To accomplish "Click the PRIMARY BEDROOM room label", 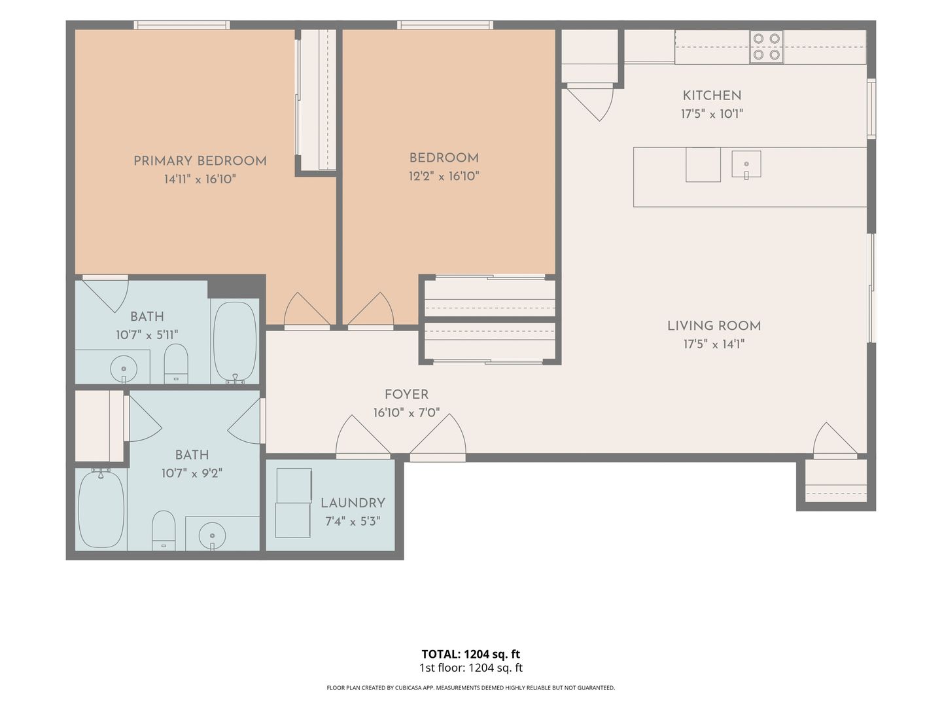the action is pyautogui.click(x=200, y=161).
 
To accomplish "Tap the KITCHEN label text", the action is pyautogui.click(x=712, y=96).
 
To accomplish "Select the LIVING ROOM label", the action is pyautogui.click(x=714, y=326).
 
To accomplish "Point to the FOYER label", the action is pyautogui.click(x=406, y=395).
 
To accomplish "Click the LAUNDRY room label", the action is pyautogui.click(x=353, y=503).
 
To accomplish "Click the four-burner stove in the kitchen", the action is pyautogui.click(x=767, y=46).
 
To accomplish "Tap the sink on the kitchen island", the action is pyautogui.click(x=746, y=164).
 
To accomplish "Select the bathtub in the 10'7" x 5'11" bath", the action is pyautogui.click(x=235, y=342).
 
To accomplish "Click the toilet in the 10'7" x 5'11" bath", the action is pyautogui.click(x=176, y=364).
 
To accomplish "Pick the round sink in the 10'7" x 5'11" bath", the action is pyautogui.click(x=124, y=369).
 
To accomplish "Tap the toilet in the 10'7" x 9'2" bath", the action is pyautogui.click(x=164, y=530).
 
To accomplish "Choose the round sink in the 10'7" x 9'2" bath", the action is pyautogui.click(x=213, y=535).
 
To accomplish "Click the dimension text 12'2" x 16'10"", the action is pyautogui.click(x=444, y=176).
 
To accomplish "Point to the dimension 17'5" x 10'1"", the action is pyautogui.click(x=712, y=114).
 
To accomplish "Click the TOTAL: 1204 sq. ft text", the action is pyautogui.click(x=471, y=654).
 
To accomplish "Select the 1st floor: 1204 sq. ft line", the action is pyautogui.click(x=471, y=668).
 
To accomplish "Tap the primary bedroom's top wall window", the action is pyautogui.click(x=182, y=25).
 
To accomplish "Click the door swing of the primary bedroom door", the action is pyautogui.click(x=307, y=309).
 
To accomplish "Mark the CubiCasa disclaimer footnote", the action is pyautogui.click(x=471, y=687).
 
